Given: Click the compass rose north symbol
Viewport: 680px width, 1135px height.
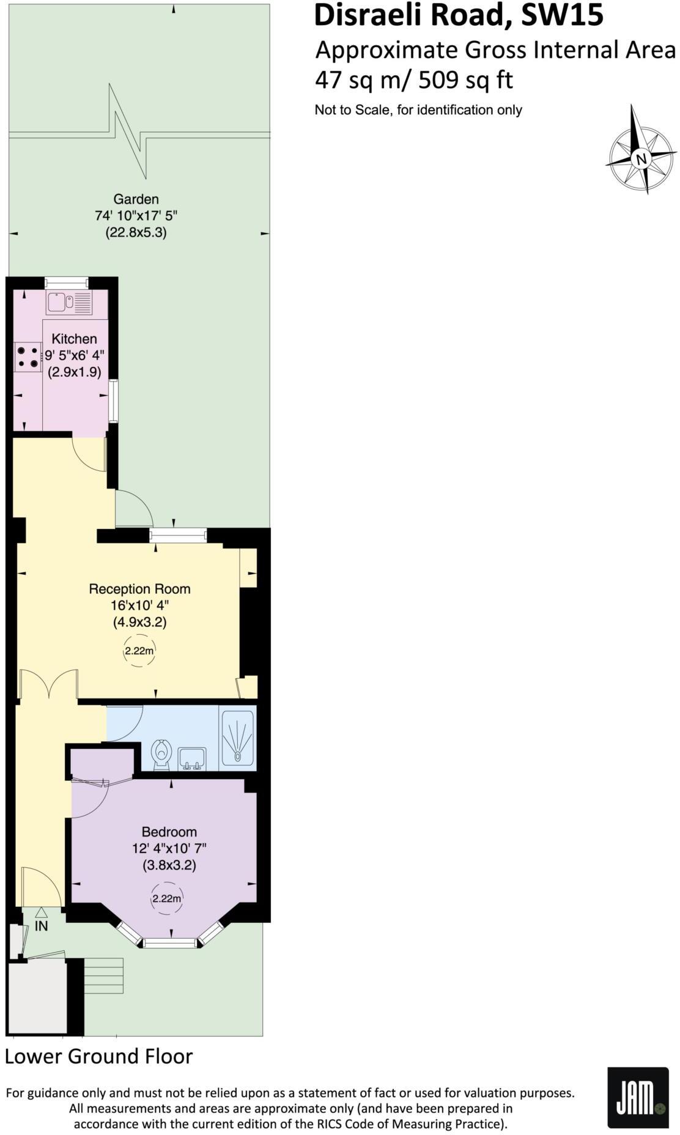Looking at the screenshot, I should pyautogui.click(x=641, y=158).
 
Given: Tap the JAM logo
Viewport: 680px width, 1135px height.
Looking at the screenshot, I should pyautogui.click(x=637, y=1097).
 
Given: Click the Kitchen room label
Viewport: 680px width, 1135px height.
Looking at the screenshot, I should pyautogui.click(x=74, y=338).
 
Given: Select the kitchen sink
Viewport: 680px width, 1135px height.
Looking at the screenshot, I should pyautogui.click(x=69, y=301).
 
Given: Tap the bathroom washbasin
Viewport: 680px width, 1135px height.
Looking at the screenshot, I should pyautogui.click(x=191, y=759).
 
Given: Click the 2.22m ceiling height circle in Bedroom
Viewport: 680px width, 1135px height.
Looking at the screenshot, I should pyautogui.click(x=167, y=898).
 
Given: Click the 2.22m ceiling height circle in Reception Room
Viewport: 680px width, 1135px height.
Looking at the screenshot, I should pyautogui.click(x=139, y=651).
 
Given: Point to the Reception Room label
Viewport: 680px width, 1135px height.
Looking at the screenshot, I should pyautogui.click(x=139, y=589).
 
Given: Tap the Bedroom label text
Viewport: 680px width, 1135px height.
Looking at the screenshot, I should pyautogui.click(x=169, y=832).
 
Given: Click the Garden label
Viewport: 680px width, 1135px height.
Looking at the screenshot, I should pyautogui.click(x=136, y=199).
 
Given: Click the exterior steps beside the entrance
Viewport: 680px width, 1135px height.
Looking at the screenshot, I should pyautogui.click(x=103, y=975).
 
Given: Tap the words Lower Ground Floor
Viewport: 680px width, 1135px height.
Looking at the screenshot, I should pyautogui.click(x=98, y=1056).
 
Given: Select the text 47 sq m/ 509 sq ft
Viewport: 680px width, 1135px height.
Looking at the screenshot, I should pyautogui.click(x=413, y=80).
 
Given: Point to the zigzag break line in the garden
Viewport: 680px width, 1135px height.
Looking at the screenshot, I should pyautogui.click(x=129, y=131).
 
